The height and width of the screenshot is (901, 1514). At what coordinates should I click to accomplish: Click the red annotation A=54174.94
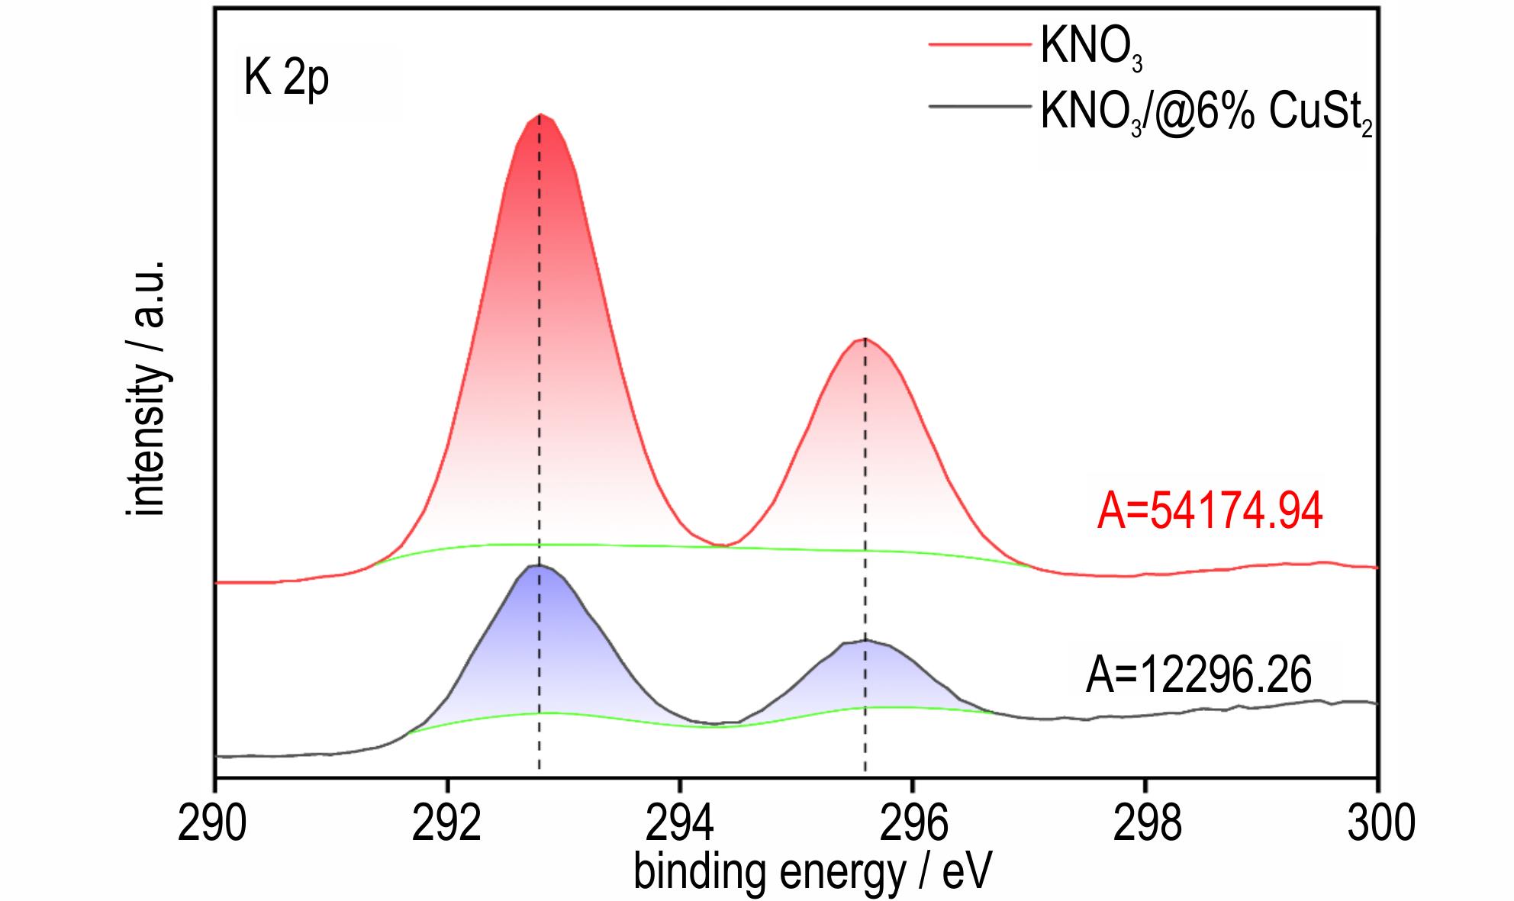click(1210, 511)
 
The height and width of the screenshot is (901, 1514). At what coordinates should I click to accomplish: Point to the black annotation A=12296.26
click(1199, 675)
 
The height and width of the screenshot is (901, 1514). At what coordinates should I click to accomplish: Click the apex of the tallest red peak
click(540, 114)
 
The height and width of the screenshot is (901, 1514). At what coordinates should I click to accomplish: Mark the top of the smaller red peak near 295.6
click(865, 339)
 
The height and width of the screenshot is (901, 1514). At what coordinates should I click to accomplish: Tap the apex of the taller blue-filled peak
click(539, 565)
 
